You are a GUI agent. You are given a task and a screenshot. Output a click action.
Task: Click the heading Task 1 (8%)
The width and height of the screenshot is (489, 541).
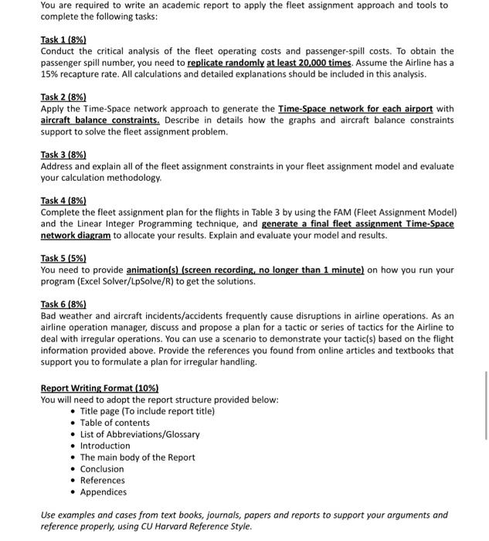pyautogui.click(x=63, y=39)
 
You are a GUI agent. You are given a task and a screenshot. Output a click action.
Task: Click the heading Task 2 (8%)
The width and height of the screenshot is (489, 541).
pyautogui.click(x=63, y=97)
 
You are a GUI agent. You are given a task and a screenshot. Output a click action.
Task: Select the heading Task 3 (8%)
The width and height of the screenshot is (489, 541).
pyautogui.click(x=63, y=155)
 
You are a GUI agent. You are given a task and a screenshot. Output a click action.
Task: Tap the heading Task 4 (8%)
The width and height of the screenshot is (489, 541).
pyautogui.click(x=63, y=200)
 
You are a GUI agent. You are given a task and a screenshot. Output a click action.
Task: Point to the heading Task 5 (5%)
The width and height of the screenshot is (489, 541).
pyautogui.click(x=63, y=258)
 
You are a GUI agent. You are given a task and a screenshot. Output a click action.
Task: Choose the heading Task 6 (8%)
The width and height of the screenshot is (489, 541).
pyautogui.click(x=63, y=304)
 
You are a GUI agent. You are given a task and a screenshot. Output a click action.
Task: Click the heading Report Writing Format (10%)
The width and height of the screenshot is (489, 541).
pyautogui.click(x=100, y=388)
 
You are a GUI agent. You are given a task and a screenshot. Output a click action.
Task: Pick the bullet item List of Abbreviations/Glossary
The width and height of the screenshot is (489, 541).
pyautogui.click(x=140, y=434)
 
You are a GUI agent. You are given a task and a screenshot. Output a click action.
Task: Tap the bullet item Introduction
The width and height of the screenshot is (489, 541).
pyautogui.click(x=105, y=446)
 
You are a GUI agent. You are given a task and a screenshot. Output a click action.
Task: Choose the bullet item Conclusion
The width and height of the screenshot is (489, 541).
pyautogui.click(x=102, y=469)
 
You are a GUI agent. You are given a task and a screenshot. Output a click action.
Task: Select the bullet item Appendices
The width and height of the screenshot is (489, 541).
pyautogui.click(x=104, y=492)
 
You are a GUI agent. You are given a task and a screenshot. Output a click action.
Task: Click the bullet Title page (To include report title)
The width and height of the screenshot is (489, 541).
pyautogui.click(x=148, y=411)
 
